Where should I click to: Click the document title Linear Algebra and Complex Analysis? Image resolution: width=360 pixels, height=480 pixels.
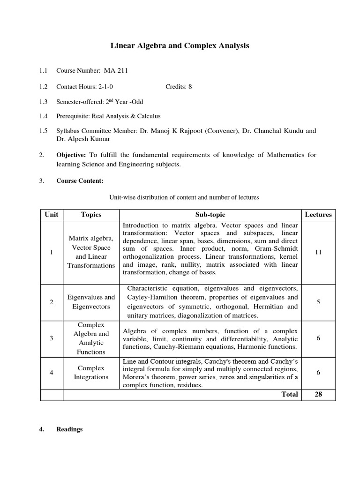point(180,46)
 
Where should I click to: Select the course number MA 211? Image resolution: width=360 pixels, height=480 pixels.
point(112,71)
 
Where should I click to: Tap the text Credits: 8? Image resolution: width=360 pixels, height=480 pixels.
point(179,87)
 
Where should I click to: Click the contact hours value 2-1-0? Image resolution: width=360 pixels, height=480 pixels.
point(105,87)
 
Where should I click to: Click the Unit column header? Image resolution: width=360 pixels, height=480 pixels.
point(52,215)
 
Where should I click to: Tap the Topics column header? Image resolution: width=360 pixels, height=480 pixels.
point(91,215)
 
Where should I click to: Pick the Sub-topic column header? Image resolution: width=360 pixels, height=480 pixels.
point(210,215)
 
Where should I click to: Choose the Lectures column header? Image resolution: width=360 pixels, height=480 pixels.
point(318,215)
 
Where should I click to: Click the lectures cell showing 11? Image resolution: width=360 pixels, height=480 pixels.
point(318,252)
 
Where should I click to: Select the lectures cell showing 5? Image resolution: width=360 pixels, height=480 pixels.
point(318,302)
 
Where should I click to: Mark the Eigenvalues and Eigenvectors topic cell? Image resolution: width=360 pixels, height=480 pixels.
point(91,302)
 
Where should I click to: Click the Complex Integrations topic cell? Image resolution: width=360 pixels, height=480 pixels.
point(91,373)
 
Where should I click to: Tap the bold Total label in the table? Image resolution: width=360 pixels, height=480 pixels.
point(290,394)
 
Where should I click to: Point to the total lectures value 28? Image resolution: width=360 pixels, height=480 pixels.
point(318,394)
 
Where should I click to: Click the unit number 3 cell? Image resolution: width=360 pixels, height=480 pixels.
point(52,338)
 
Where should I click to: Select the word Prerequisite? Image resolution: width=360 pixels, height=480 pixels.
point(73,116)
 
